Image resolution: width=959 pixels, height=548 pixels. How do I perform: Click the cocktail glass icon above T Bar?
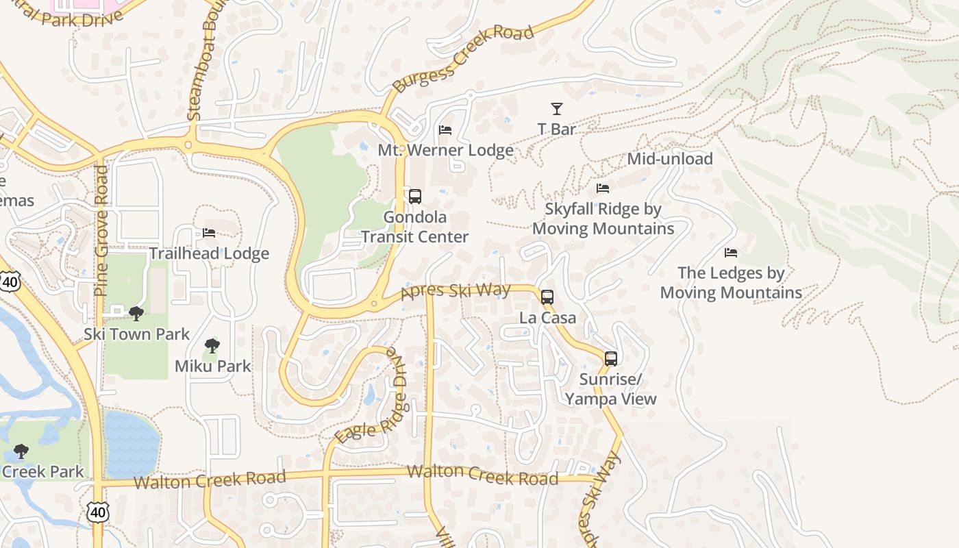(557, 109)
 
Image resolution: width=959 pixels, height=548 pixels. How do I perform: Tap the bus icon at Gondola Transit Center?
(415, 197)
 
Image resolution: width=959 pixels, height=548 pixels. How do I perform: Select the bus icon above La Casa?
(547, 297)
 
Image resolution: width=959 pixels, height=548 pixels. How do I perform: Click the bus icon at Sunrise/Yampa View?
(610, 358)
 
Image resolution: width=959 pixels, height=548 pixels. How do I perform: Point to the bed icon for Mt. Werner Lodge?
(445, 130)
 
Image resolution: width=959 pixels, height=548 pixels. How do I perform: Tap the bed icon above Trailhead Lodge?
(209, 234)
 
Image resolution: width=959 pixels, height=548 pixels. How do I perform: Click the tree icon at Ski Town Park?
(136, 314)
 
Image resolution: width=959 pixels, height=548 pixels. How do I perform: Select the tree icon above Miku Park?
(212, 346)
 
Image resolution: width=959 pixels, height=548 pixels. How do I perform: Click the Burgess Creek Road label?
(463, 60)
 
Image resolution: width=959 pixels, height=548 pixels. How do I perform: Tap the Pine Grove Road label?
(102, 230)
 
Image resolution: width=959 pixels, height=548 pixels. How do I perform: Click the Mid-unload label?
(670, 159)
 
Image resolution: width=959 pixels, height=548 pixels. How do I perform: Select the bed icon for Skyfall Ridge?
(603, 188)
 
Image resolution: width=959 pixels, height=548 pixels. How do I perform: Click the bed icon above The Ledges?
(731, 253)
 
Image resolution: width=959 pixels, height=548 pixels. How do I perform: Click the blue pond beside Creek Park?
(130, 444)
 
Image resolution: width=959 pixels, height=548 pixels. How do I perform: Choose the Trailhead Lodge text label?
(209, 253)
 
